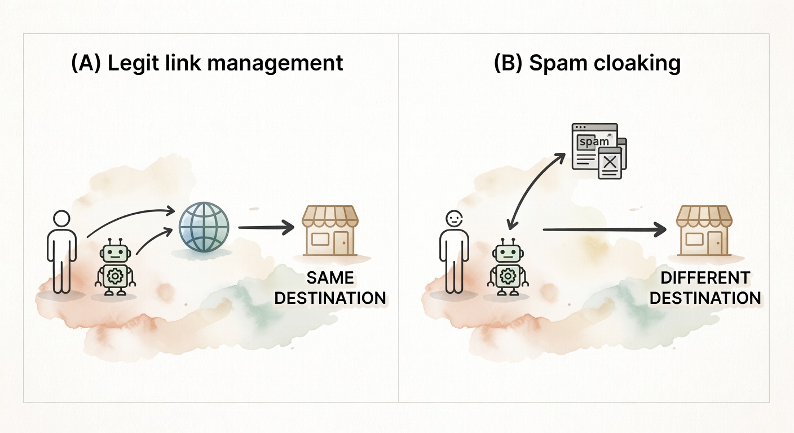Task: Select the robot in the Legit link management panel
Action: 116,268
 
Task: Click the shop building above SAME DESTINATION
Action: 330,231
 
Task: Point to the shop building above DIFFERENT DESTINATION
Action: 704,231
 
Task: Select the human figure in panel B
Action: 454,251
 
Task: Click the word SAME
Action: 330,278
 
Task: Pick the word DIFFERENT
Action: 705,278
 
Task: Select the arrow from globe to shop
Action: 266,228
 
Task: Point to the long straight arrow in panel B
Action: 603,229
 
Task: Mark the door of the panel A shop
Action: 342,244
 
